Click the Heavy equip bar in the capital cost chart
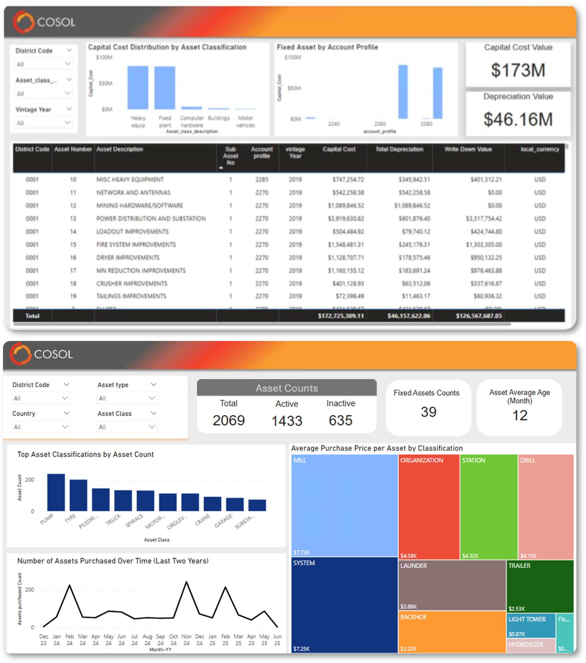(138, 88)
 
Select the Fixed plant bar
(165, 88)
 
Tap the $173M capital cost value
(518, 70)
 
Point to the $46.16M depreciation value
(518, 120)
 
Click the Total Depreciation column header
(399, 149)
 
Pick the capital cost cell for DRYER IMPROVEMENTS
(346, 258)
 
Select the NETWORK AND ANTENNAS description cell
(133, 192)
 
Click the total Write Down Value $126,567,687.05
(478, 316)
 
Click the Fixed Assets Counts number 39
(428, 412)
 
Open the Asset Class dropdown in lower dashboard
(127, 427)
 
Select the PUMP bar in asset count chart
(56, 493)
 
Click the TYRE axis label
(70, 518)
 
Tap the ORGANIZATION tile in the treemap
(428, 506)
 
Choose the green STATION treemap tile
(488, 506)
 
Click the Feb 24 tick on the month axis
(69, 640)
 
